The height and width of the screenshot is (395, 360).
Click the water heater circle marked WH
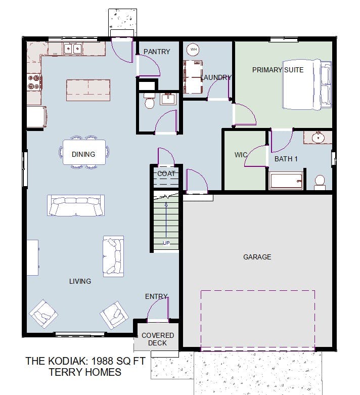click(193, 50)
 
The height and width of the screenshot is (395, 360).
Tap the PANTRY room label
click(157, 52)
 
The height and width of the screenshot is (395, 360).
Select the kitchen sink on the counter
click(72, 49)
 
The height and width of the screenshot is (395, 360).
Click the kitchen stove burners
click(34, 82)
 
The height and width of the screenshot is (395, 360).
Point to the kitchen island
click(88, 90)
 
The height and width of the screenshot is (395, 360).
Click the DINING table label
click(83, 154)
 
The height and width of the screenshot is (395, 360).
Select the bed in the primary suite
click(306, 84)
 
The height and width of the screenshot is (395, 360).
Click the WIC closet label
click(241, 155)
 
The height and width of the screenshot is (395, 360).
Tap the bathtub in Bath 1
click(286, 181)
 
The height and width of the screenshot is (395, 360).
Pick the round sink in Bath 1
click(318, 138)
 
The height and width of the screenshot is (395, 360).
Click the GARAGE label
click(257, 257)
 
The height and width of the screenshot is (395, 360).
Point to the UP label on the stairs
click(166, 243)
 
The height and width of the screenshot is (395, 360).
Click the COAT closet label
click(166, 173)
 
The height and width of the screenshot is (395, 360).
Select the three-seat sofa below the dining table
click(76, 205)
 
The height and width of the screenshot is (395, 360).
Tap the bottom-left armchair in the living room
click(43, 314)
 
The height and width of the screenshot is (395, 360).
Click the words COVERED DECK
click(158, 339)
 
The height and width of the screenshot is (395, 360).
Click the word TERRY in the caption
click(65, 372)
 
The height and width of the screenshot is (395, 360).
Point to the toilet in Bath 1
click(320, 183)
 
